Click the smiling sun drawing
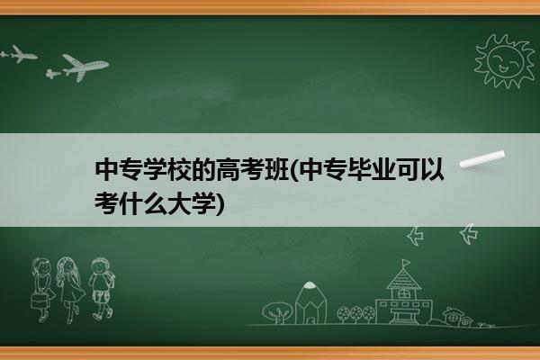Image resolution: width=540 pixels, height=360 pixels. click(505, 61)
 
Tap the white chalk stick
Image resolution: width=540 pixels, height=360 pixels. click(482, 159)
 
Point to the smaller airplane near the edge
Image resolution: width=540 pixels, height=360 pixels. click(19, 54)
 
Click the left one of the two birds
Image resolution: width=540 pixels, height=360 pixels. click(415, 236)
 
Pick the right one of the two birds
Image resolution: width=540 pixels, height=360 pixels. click(469, 234)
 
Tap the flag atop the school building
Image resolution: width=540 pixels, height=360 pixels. click(407, 263)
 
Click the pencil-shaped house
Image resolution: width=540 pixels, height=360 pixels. click(310, 302)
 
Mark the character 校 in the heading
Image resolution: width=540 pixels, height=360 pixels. click(179, 169)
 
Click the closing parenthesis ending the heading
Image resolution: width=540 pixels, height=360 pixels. click(220, 204)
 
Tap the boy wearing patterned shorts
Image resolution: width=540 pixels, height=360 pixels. click(101, 288)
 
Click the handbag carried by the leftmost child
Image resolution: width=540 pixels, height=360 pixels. click(39, 301)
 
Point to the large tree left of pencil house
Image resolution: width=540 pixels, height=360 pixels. click(277, 312)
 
